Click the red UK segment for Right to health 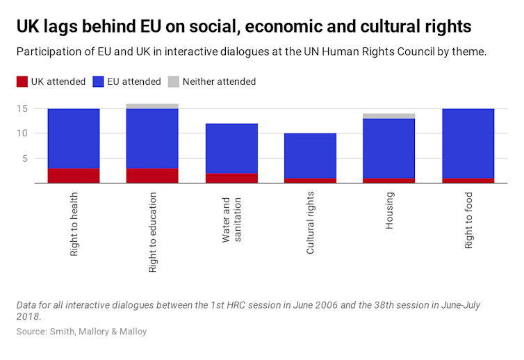tap(74, 175)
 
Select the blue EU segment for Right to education tap(152, 138)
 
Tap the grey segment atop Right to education tap(152, 106)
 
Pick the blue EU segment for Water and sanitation tap(231, 148)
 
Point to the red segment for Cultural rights tap(310, 181)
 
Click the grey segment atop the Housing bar tap(388, 116)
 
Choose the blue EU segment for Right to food tap(468, 143)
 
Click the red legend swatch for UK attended tap(23, 82)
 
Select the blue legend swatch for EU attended tap(106, 82)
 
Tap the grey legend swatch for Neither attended tap(174, 82)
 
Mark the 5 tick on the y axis tap(24, 158)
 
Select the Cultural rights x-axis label tap(310, 223)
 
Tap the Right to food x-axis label tap(468, 220)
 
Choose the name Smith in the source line tap(63, 332)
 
